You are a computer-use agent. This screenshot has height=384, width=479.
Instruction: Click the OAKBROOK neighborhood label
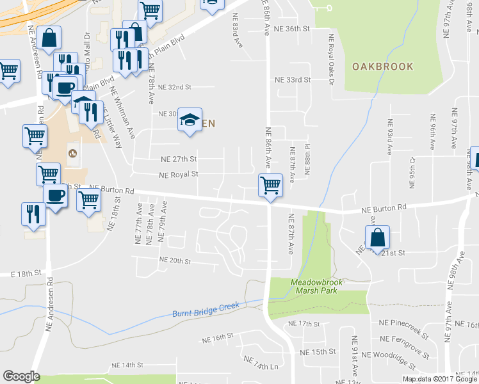pyautogui.click(x=382, y=67)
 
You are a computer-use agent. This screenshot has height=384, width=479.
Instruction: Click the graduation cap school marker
pyautogui.click(x=190, y=120)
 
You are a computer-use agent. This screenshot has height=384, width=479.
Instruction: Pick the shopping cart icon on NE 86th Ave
pyautogui.click(x=270, y=186)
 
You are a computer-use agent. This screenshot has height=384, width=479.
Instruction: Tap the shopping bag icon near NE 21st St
pyautogui.click(x=378, y=237)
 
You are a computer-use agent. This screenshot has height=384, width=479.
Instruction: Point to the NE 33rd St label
pyautogui.click(x=292, y=80)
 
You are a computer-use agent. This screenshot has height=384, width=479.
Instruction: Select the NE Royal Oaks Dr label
pyautogui.click(x=332, y=58)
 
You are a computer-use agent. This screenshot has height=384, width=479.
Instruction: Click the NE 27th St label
pyautogui.click(x=179, y=159)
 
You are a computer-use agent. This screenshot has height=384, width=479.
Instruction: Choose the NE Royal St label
pyautogui.click(x=179, y=173)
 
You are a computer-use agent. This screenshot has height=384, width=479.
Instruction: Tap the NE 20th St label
pyautogui.click(x=175, y=261)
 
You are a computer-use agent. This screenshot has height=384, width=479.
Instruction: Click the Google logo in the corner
pyautogui.click(x=21, y=376)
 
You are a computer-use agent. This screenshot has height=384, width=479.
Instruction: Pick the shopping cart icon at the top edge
pyautogui.click(x=149, y=10)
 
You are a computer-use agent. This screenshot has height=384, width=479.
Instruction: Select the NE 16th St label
pyautogui.click(x=218, y=337)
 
